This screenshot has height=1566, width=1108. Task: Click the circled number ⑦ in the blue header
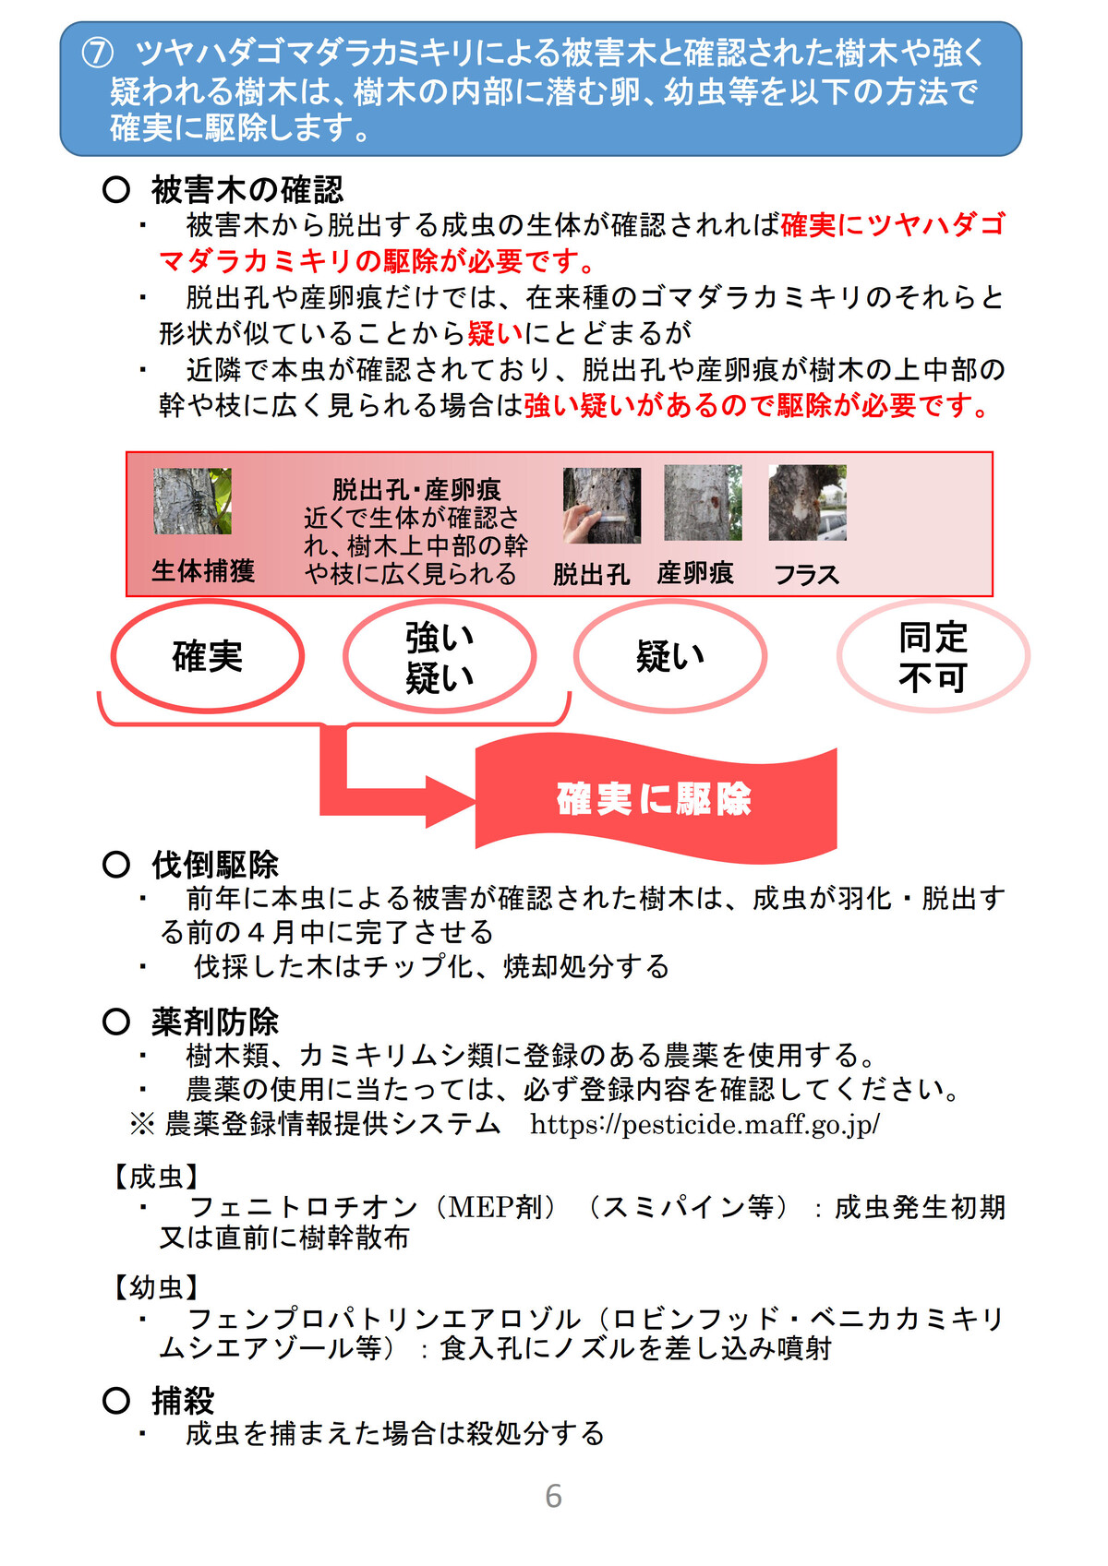click(x=97, y=54)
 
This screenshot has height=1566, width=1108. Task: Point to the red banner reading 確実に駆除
click(x=656, y=797)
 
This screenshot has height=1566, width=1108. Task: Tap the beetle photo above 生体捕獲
click(x=192, y=500)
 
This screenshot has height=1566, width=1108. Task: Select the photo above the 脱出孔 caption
click(x=602, y=505)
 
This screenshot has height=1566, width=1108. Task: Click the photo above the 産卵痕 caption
click(x=703, y=503)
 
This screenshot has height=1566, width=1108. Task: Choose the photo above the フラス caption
click(x=807, y=503)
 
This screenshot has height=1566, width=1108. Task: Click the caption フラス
click(x=806, y=575)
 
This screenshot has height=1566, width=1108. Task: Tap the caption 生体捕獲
click(x=203, y=570)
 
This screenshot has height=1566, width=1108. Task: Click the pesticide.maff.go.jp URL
click(x=705, y=1124)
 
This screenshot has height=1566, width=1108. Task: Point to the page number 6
click(x=553, y=1495)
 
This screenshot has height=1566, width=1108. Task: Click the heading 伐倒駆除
click(x=215, y=865)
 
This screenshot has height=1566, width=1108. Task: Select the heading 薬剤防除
click(x=215, y=1022)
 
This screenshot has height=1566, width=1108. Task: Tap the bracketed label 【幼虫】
click(x=155, y=1287)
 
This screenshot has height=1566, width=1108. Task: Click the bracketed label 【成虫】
click(x=155, y=1177)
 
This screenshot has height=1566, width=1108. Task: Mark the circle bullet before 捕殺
click(x=116, y=1400)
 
